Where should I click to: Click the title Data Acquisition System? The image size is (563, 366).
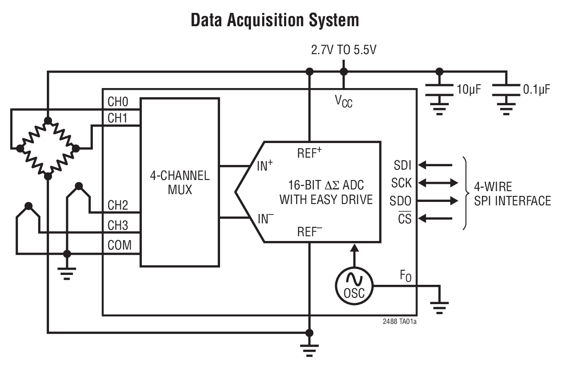tap(275, 20)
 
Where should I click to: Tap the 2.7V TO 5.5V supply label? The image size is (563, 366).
tap(343, 50)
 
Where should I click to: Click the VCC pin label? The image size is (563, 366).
tap(343, 101)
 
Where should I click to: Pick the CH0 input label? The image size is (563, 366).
tap(117, 103)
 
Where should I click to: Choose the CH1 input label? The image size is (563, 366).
tap(117, 119)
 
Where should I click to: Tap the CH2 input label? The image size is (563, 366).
tap(117, 205)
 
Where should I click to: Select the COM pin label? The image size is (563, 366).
tap(119, 246)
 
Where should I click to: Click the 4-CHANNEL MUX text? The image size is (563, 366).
tap(180, 182)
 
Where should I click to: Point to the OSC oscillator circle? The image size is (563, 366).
tap(354, 286)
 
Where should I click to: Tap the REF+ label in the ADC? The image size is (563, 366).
tap(309, 153)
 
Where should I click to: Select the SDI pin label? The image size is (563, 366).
tap(402, 165)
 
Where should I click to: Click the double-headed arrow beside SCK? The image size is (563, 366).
tap(438, 183)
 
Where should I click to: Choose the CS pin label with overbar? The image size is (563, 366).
tap(404, 218)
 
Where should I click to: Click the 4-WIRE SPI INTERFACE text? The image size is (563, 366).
tap(512, 194)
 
